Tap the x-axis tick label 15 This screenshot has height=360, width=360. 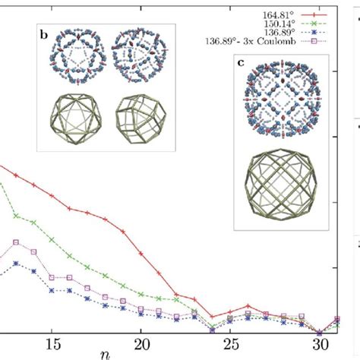pyautogui.click(x=54, y=344)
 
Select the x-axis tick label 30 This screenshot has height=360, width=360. pyautogui.click(x=318, y=344)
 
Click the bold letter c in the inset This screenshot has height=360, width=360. pyautogui.click(x=242, y=64)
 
